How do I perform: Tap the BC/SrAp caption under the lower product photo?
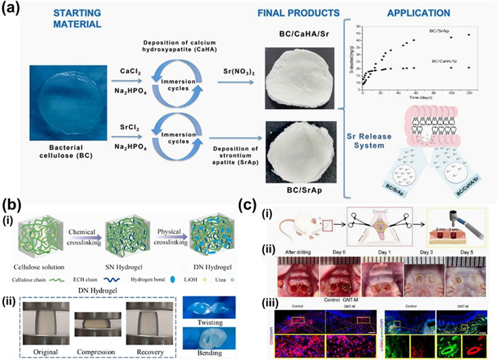click(x=297, y=192)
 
